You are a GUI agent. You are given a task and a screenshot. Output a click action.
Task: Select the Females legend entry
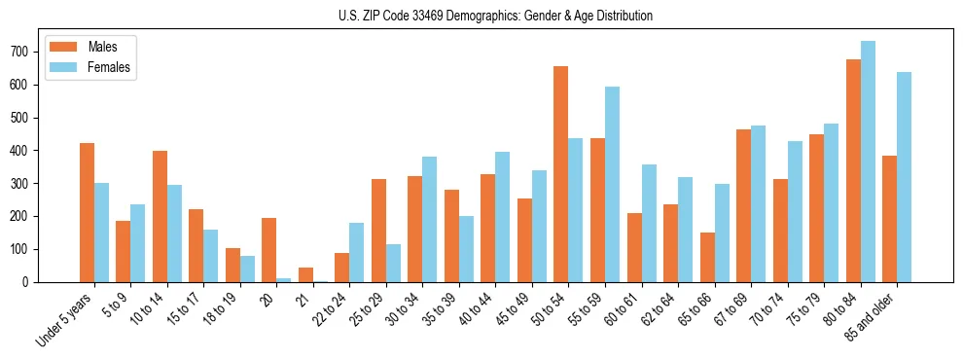point(108,67)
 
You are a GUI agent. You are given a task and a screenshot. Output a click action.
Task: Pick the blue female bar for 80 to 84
point(868,162)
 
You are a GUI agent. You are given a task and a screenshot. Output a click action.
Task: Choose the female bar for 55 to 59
point(612,185)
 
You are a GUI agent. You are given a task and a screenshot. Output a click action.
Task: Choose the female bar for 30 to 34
point(430,219)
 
